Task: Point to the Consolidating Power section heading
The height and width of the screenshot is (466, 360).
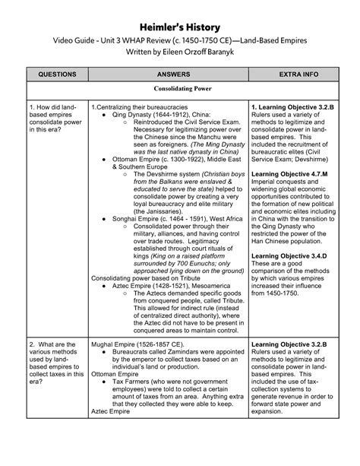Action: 179,89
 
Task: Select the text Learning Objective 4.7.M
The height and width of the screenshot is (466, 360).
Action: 293,173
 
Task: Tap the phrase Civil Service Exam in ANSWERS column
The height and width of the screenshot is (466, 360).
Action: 203,126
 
